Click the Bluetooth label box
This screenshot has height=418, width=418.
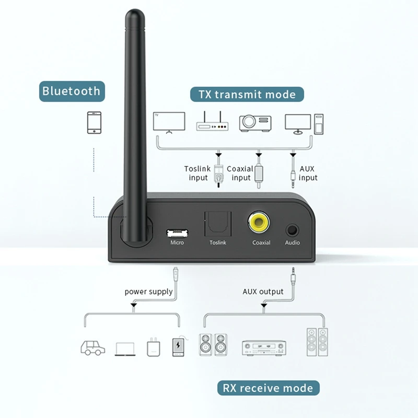pyautogui.click(x=71, y=91)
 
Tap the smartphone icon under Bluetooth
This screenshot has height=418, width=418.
pyautogui.click(x=94, y=123)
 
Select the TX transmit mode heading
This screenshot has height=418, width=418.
pyautogui.click(x=247, y=95)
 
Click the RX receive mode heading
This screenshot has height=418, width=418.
pyautogui.click(x=268, y=388)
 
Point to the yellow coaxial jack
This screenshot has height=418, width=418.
pyautogui.click(x=260, y=223)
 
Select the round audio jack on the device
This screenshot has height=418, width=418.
pyautogui.click(x=292, y=229)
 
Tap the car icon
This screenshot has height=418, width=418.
pyautogui.click(x=92, y=347)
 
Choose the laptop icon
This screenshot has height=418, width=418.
pyautogui.click(x=125, y=349)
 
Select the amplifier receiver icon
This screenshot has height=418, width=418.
pyautogui.click(x=264, y=347)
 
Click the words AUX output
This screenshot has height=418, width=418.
pyautogui.click(x=263, y=292)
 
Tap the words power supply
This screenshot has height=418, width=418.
pyautogui.click(x=148, y=292)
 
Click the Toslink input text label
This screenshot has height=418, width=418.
pyautogui.click(x=196, y=173)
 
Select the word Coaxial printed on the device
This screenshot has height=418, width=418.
pyautogui.click(x=261, y=242)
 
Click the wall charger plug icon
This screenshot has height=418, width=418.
pyautogui.click(x=153, y=348)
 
